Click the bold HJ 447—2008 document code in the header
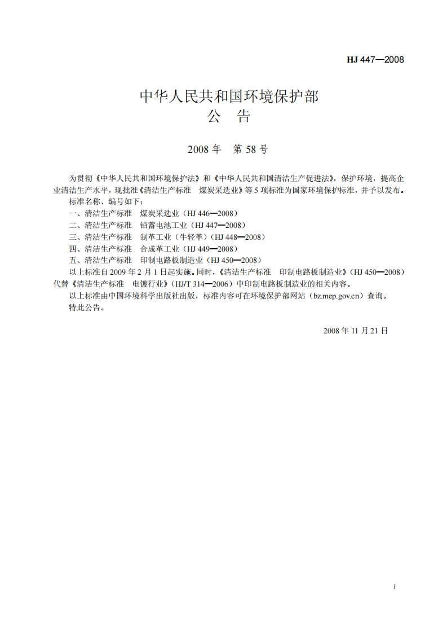375,59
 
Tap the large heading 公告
228,117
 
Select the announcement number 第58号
251,150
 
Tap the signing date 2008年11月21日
356,331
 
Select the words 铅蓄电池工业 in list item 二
160,225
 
